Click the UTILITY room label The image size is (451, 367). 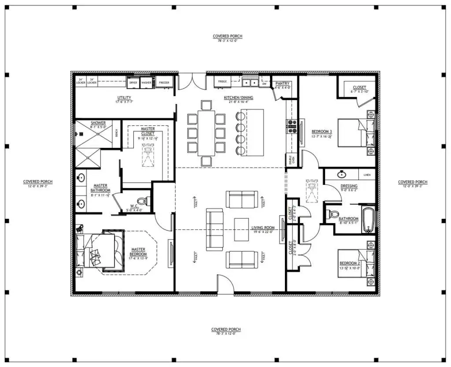[x=124, y=97]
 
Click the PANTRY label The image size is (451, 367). [x=281, y=83]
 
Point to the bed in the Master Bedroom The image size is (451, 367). [x=97, y=251]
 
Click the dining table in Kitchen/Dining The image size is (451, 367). [x=206, y=133]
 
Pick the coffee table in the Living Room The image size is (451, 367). [x=241, y=229]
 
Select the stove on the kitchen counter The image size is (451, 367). [x=292, y=126]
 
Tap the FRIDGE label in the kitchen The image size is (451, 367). [x=222, y=82]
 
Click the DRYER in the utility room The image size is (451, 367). [x=133, y=82]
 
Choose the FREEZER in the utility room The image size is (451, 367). [x=164, y=82]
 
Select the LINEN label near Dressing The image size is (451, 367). [x=367, y=175]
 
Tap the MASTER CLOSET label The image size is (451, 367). [x=148, y=131]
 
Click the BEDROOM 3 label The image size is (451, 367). [x=322, y=131]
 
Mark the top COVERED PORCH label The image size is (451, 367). [x=227, y=36]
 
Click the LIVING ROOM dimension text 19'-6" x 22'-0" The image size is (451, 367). [x=263, y=232]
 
